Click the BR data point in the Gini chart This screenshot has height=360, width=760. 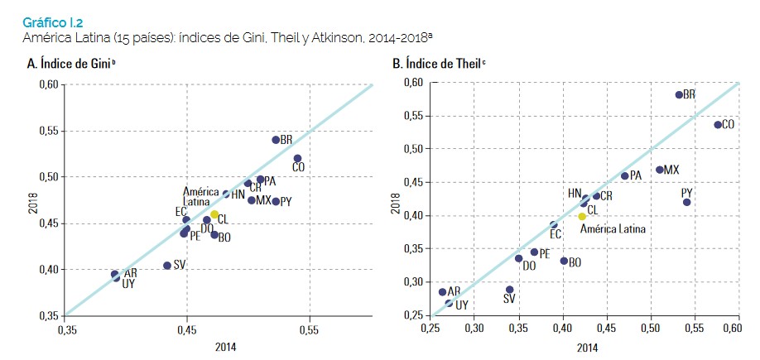[276, 139]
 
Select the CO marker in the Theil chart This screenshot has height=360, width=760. [718, 124]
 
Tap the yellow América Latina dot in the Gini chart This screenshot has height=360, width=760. [214, 214]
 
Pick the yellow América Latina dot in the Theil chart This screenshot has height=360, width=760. [582, 216]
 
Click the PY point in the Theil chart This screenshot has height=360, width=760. [686, 202]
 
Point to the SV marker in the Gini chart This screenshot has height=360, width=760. [167, 266]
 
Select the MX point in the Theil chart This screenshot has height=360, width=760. [660, 170]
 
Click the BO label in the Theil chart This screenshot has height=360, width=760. [575, 262]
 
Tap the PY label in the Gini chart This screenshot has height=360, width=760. [286, 202]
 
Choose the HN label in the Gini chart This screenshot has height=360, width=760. [238, 195]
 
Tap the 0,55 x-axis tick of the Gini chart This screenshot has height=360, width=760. [309, 329]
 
